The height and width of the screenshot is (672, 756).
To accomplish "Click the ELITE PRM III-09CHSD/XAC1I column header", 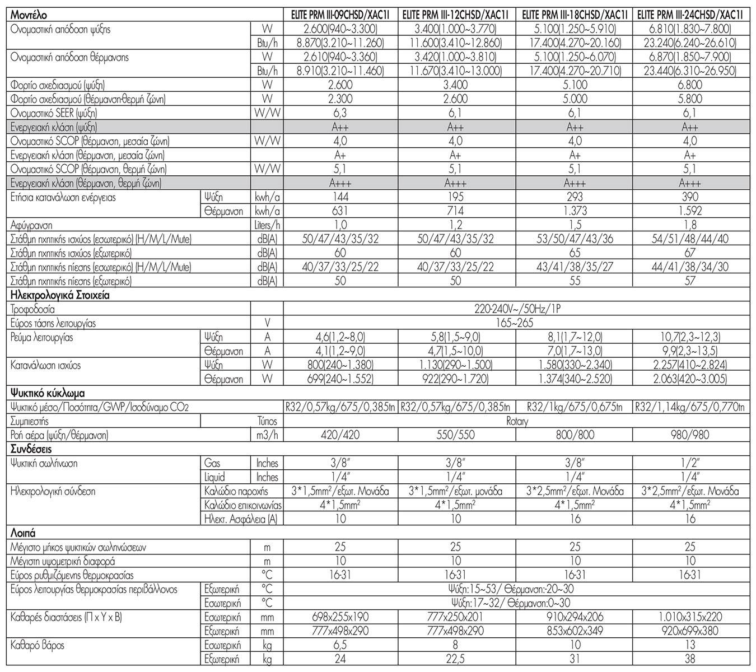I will pos(340,16).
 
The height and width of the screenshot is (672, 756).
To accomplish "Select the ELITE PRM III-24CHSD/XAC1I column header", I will pos(690,16).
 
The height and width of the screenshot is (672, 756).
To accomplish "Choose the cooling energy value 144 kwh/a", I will pos(340,197).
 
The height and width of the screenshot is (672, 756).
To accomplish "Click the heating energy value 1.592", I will pos(690,211).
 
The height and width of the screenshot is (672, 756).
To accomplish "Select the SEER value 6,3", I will pos(340,113).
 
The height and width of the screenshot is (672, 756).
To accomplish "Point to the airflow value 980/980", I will pos(690,435).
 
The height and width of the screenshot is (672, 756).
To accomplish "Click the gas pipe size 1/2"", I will pos(690,463).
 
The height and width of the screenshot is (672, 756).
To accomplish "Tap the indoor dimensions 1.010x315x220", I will pos(690,617).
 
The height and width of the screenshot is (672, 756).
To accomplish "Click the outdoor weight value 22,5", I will pos(456,659).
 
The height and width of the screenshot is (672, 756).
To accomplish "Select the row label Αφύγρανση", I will pos(31,225).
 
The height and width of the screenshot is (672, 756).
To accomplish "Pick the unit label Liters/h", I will pos(267,225).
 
